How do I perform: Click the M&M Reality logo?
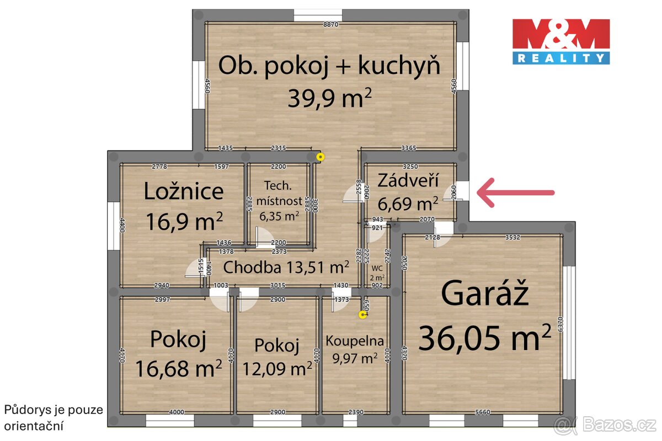pyautogui.click(x=561, y=41)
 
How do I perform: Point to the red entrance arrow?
pyautogui.click(x=515, y=192)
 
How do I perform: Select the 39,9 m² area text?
pyautogui.click(x=329, y=99)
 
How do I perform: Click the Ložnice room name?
pyautogui.click(x=184, y=191)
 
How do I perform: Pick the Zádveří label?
pyautogui.click(x=408, y=180)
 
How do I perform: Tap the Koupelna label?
pyautogui.click(x=355, y=341)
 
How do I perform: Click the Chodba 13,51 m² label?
pyautogui.click(x=286, y=267)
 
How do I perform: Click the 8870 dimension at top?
pyautogui.click(x=330, y=25)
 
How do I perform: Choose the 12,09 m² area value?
pyautogui.click(x=277, y=368)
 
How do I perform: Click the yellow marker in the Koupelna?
pyautogui.click(x=362, y=315)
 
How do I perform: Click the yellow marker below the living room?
pyautogui.click(x=320, y=157)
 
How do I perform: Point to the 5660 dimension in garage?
pyautogui.click(x=483, y=412)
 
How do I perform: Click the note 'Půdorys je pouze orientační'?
pyautogui.click(x=41, y=418)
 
